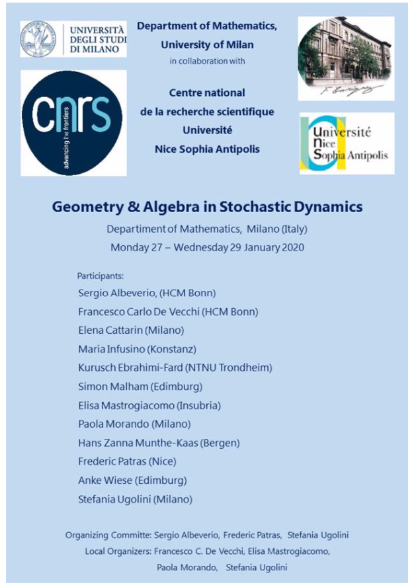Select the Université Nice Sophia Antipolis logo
347,143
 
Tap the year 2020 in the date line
284,248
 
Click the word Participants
101,275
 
